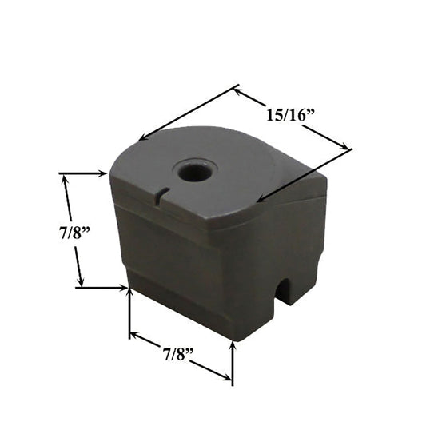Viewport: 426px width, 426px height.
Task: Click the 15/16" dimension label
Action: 290,115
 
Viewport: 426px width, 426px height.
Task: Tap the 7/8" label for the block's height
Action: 74,233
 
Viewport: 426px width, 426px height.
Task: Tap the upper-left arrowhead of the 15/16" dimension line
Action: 237,91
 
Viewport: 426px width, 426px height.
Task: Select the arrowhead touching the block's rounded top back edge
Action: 143,137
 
